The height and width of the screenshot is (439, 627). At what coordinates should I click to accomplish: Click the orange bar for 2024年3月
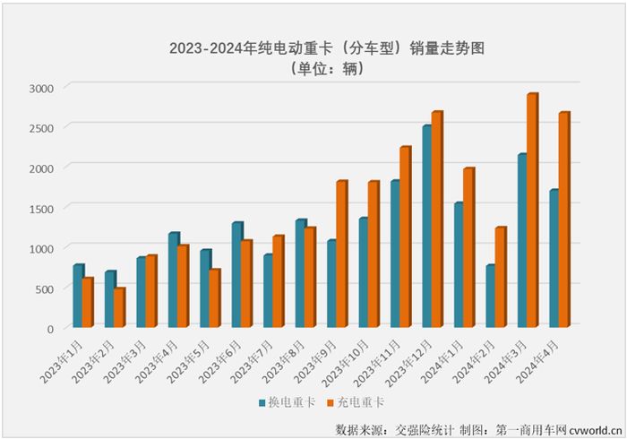(x=532, y=211)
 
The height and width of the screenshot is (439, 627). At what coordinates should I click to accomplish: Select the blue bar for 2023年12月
(x=427, y=228)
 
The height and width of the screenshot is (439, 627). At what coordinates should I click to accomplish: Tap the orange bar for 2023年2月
(x=118, y=308)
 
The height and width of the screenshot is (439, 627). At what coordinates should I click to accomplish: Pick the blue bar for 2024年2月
(x=490, y=297)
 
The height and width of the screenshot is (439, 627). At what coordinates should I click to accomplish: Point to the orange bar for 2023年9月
(x=341, y=255)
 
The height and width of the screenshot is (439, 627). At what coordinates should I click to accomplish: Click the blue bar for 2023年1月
(x=78, y=297)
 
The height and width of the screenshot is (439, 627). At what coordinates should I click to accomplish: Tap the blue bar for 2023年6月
(x=236, y=276)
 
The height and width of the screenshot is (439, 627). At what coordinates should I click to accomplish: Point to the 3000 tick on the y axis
(x=41, y=88)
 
